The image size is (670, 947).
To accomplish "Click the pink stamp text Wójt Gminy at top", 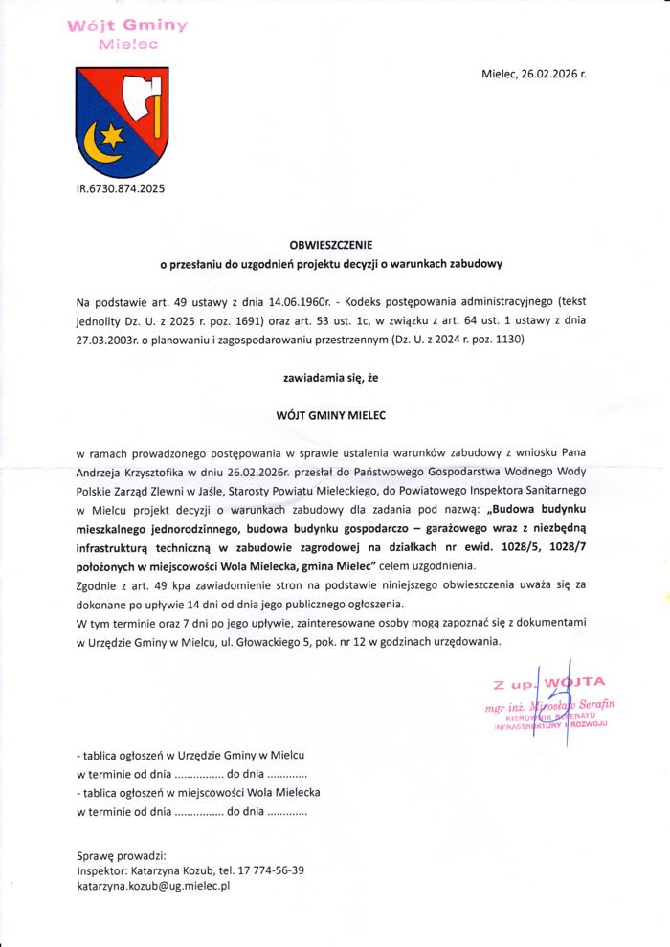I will point(114,26).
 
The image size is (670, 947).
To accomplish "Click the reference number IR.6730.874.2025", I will point(120,188).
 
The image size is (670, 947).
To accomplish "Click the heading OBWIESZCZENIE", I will point(335,244).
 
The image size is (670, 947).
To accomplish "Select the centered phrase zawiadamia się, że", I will point(335,378).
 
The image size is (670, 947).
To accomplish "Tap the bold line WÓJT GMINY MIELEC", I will point(335,414).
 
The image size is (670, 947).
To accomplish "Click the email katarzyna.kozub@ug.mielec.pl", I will point(153,887).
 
